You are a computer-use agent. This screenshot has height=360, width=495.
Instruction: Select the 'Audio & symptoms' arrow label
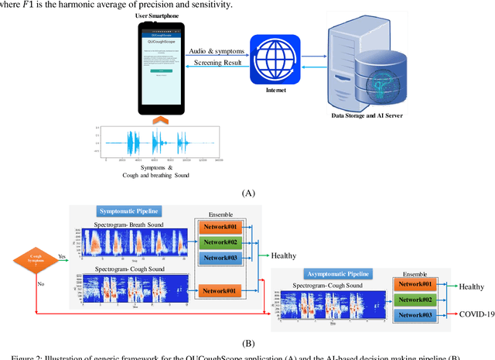click(x=218, y=51)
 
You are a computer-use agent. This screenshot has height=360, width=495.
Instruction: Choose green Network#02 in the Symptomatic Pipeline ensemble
click(x=221, y=242)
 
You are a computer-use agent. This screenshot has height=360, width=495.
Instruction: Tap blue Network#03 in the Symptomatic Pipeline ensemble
click(x=221, y=257)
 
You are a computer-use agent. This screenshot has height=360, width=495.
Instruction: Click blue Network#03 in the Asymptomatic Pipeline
click(x=415, y=316)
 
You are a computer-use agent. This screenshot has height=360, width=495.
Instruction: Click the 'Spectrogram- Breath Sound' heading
click(x=131, y=225)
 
